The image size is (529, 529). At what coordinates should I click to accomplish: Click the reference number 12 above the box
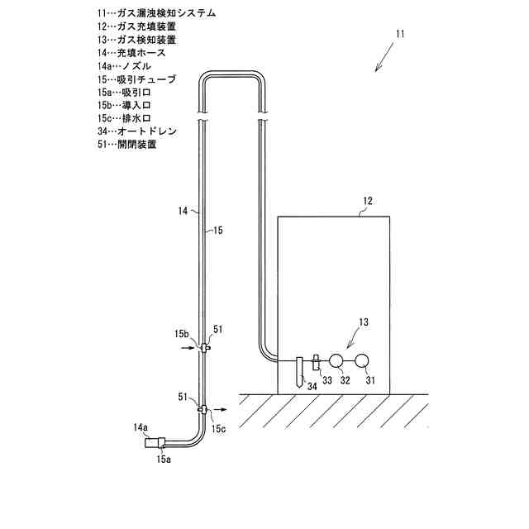368,201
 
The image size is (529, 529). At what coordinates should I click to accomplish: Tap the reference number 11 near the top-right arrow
401,35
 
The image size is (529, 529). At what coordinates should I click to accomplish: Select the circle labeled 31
362,360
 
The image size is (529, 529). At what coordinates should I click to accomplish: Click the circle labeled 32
336,360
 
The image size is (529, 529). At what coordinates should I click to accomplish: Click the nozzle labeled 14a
155,442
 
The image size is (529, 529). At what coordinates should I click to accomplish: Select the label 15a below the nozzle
164,459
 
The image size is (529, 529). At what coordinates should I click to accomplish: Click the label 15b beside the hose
182,334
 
